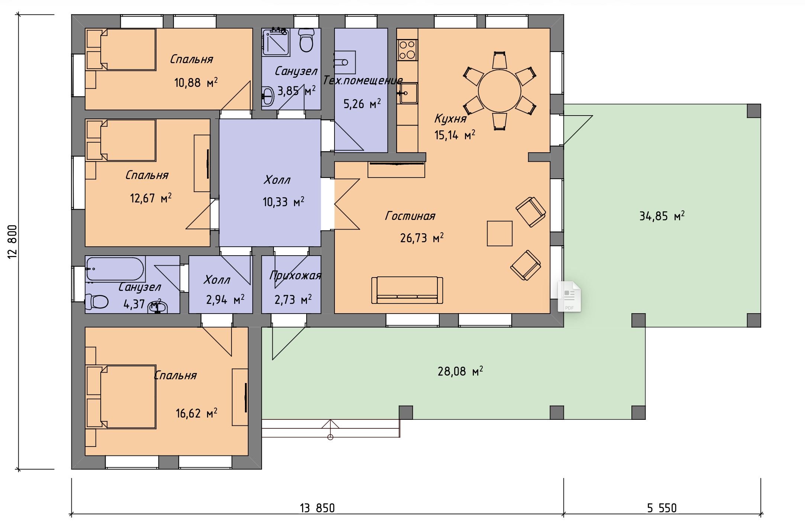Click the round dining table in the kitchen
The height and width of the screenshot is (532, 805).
pos(500,91)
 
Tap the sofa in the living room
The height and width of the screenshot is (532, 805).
pos(407,290)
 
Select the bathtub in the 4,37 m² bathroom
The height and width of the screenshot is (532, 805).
pos(115,269)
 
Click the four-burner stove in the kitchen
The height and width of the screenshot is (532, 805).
pos(407,50)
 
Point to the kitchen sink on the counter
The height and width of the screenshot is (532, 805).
pos(408,93)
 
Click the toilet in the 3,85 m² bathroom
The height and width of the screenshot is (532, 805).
pos(306,40)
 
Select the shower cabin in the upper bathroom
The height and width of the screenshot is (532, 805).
pos(275,42)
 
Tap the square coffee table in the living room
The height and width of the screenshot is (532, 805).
pos(500,233)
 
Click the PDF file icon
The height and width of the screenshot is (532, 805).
pos(569,296)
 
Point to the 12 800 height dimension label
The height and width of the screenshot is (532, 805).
pos(12,241)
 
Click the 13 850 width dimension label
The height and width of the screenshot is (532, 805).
pos(317,508)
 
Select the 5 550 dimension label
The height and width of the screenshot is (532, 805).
pos(662,508)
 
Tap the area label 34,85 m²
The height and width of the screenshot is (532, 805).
pos(662,216)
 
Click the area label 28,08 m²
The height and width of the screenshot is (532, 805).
pos(460,371)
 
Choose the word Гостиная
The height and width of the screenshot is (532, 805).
pos(410,216)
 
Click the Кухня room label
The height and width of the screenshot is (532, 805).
pos(450,119)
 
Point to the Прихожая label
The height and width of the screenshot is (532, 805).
pos(295,275)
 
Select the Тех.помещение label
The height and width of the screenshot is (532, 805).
pos(363,80)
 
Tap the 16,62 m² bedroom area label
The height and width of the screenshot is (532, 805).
pos(196,413)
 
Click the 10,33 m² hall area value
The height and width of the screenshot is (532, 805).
pos(283,202)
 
